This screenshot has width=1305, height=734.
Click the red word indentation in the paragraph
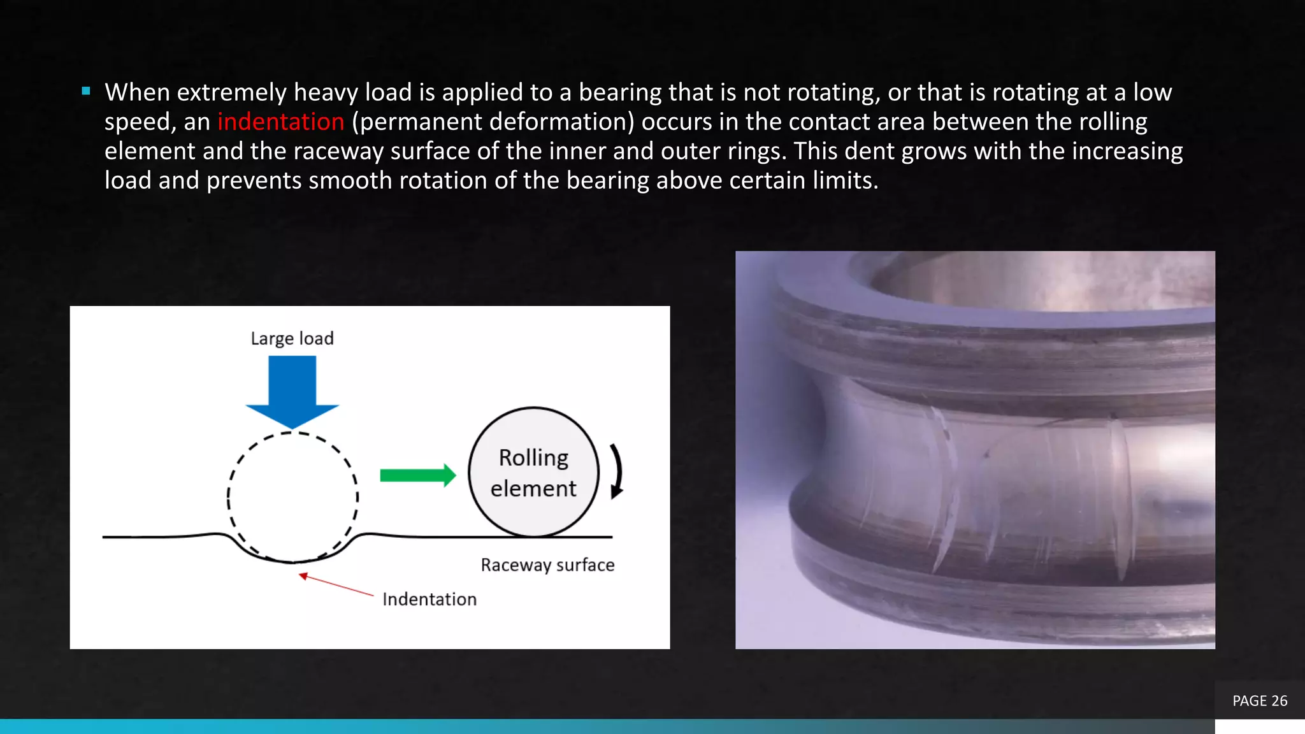click(280, 122)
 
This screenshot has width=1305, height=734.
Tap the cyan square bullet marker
click(86, 91)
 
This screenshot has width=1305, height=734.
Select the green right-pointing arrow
click(418, 475)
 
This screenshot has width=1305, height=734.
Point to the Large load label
click(292, 338)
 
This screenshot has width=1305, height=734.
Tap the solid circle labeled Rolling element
click(533, 472)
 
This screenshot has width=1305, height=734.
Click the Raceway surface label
click(547, 565)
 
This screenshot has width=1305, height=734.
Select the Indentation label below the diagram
click(429, 600)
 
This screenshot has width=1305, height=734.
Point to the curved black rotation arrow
click(616, 471)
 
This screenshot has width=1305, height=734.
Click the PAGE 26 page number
click(1260, 701)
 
